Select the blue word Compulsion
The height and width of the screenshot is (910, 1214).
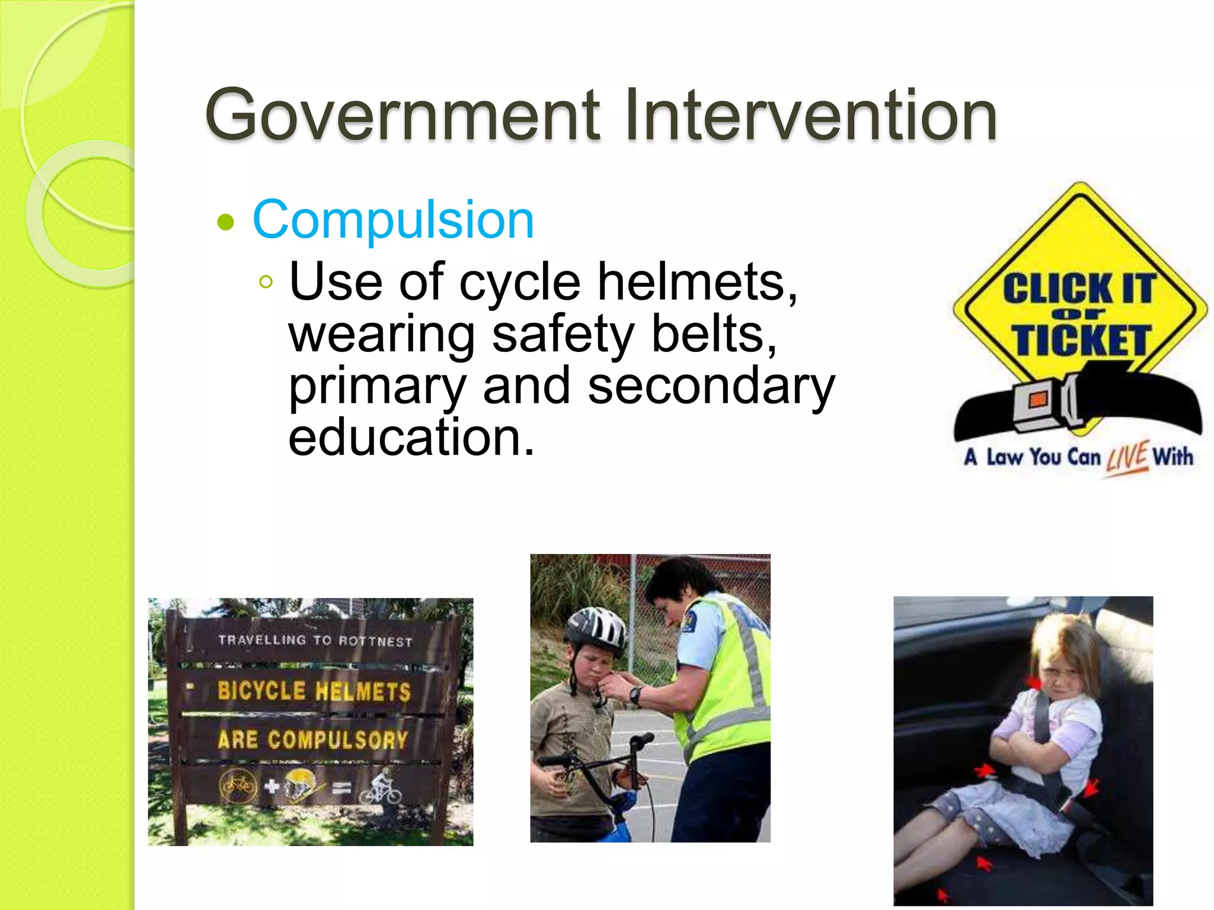(x=393, y=220)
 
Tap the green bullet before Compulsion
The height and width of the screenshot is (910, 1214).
(x=226, y=223)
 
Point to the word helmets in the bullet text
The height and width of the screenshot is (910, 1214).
(x=697, y=283)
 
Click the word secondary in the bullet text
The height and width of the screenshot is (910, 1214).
(x=711, y=386)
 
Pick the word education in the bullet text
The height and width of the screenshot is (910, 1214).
(x=411, y=437)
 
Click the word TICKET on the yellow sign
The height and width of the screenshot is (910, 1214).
(x=1081, y=341)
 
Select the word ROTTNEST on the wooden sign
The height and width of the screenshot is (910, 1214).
(x=375, y=642)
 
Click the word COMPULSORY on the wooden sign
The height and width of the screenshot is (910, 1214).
(x=338, y=740)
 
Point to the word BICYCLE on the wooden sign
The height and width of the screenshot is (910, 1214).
(x=261, y=691)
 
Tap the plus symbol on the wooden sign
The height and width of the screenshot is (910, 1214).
(x=272, y=786)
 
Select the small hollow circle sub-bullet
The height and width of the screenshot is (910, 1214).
(x=266, y=282)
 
